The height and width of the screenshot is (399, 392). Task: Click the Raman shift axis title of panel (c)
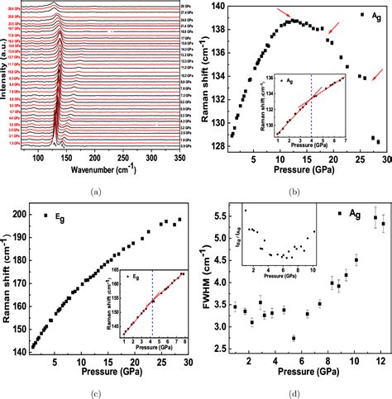point(7,281)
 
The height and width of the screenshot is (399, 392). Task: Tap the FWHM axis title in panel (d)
point(205,281)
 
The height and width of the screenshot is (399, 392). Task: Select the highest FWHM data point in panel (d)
point(375,218)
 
